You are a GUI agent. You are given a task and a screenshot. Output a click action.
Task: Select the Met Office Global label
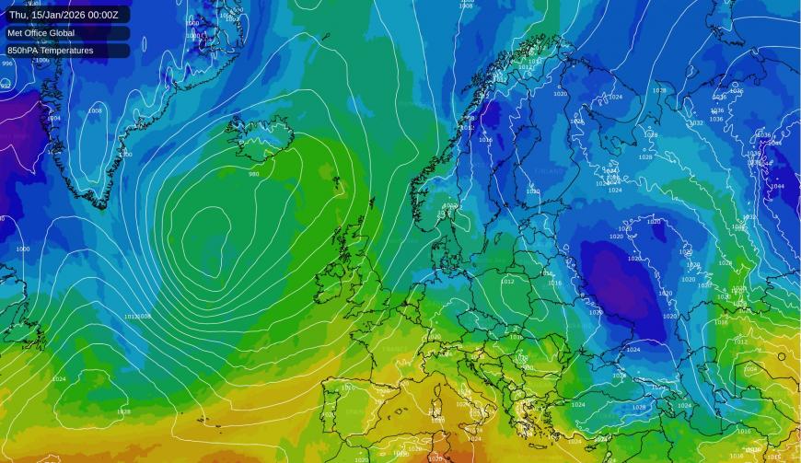(x=41, y=32)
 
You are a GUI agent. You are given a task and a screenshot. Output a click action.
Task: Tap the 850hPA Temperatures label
(x=51, y=51)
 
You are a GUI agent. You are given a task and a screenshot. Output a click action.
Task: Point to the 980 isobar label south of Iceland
(x=254, y=174)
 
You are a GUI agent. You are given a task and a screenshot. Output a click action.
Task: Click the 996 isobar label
(x=7, y=64)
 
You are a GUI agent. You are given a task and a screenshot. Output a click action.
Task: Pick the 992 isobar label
(x=6, y=85)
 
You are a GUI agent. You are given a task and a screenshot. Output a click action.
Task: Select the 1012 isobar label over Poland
(x=508, y=281)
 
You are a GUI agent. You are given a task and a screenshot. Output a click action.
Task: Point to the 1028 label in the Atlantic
(x=123, y=411)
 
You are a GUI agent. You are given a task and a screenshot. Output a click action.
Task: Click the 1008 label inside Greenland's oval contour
(x=95, y=110)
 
